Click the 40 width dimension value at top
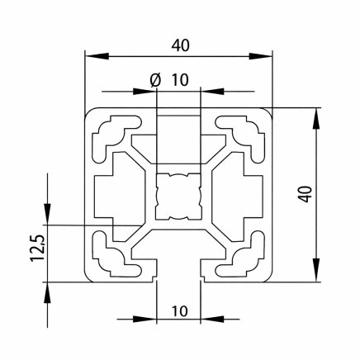180,45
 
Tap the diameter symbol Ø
154,80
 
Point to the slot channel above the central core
179,136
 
